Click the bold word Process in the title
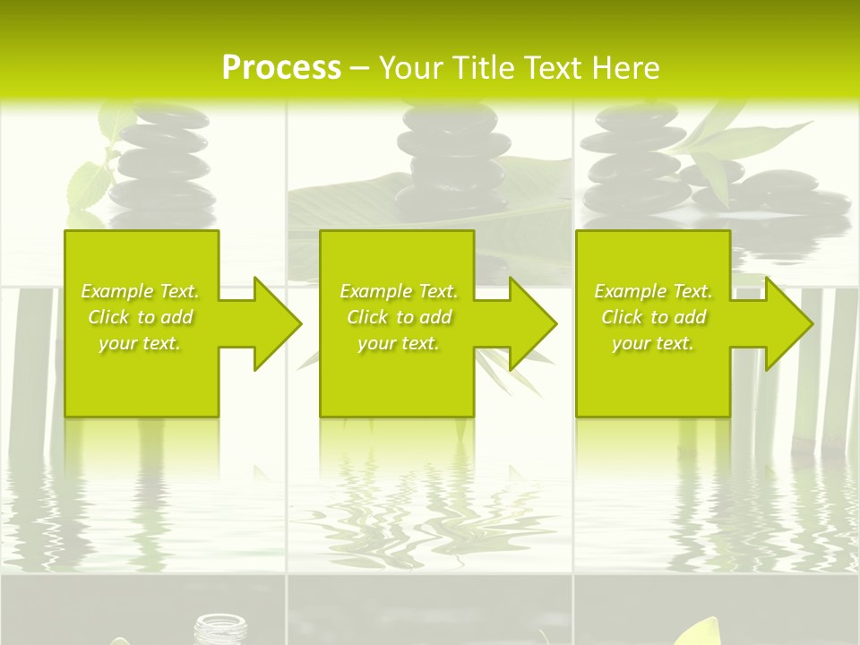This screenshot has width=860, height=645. click(281, 68)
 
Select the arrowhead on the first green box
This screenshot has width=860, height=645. click(273, 323)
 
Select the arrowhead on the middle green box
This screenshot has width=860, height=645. click(529, 323)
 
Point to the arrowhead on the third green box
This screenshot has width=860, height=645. click(785, 323)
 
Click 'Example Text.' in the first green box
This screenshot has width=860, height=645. click(140, 291)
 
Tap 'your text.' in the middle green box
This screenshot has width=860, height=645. click(398, 343)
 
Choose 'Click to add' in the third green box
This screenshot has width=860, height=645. click(653, 317)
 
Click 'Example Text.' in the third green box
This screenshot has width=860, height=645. click(653, 291)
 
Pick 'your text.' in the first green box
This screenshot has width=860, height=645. click(140, 343)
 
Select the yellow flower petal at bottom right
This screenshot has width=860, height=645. click(708, 632)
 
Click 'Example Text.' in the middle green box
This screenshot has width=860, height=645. click(398, 291)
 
